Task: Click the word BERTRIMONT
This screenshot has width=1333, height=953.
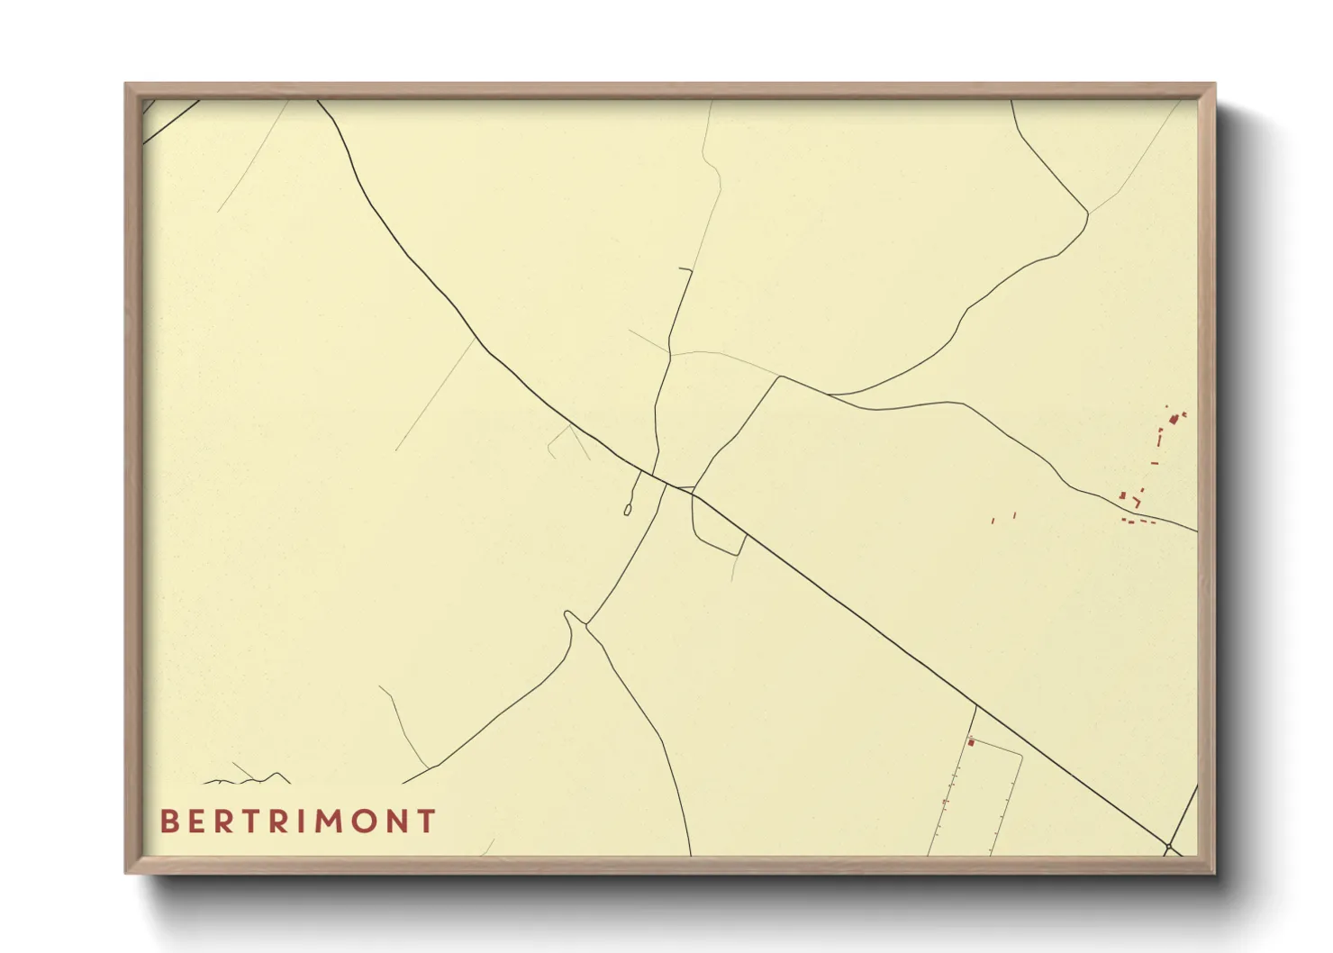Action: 298,821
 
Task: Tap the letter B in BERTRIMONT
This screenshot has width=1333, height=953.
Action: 168,821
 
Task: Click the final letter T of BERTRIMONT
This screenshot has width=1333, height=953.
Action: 427,821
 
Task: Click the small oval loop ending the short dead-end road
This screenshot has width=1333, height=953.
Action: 627,511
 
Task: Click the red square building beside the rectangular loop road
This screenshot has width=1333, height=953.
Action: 971,742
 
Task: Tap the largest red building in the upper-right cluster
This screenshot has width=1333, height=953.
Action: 1174,419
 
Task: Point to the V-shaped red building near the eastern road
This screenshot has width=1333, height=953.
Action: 1138,502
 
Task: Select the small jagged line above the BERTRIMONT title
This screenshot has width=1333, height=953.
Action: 248,776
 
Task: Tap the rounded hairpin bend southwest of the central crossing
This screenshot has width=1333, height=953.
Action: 568,615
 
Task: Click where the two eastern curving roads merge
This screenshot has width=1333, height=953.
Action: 830,395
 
